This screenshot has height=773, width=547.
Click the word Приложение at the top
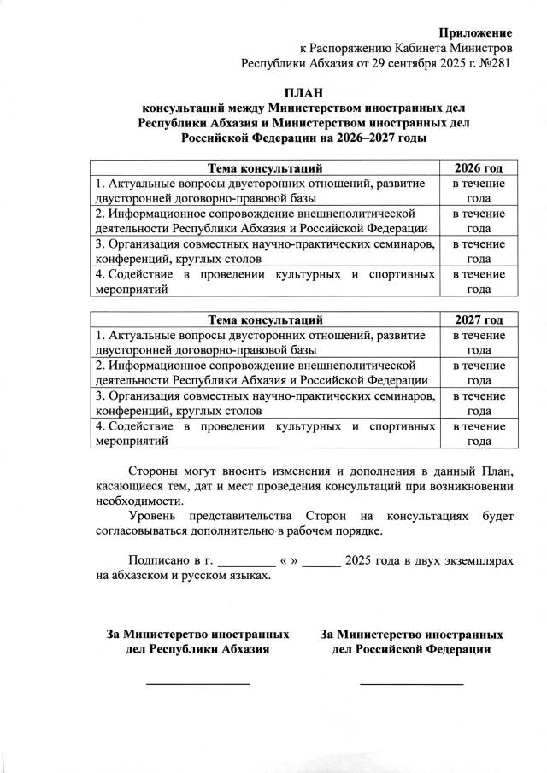(476, 32)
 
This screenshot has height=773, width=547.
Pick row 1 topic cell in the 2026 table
(265, 190)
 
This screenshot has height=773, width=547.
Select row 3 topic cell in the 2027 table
(265, 403)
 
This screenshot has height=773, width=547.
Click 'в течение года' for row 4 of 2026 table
(478, 282)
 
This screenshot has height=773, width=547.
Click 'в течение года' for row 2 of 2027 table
(478, 373)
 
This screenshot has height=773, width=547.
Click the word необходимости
(138, 501)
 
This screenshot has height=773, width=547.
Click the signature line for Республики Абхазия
(197, 683)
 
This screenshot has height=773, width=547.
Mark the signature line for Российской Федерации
(411, 683)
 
